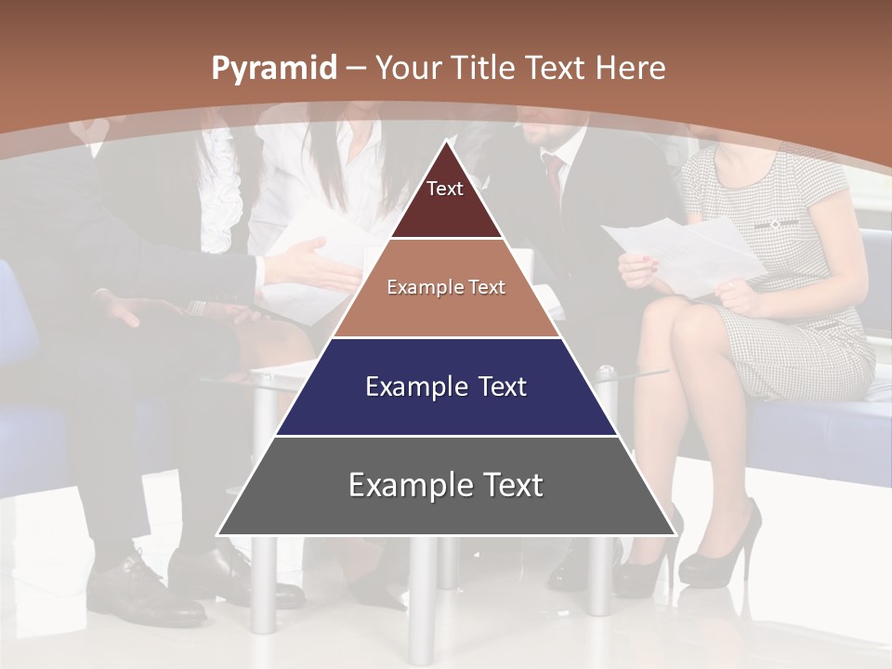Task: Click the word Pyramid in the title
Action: pyautogui.click(x=274, y=69)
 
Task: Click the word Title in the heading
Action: pyautogui.click(x=484, y=68)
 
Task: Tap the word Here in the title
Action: pyautogui.click(x=631, y=68)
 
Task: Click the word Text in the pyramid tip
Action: pyautogui.click(x=445, y=189)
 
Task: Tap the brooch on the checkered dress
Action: pyautogui.click(x=774, y=224)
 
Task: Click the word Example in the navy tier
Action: pyautogui.click(x=414, y=387)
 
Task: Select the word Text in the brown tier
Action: pyautogui.click(x=487, y=288)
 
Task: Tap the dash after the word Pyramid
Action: pyautogui.click(x=355, y=69)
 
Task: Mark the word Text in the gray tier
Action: pyautogui.click(x=512, y=485)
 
